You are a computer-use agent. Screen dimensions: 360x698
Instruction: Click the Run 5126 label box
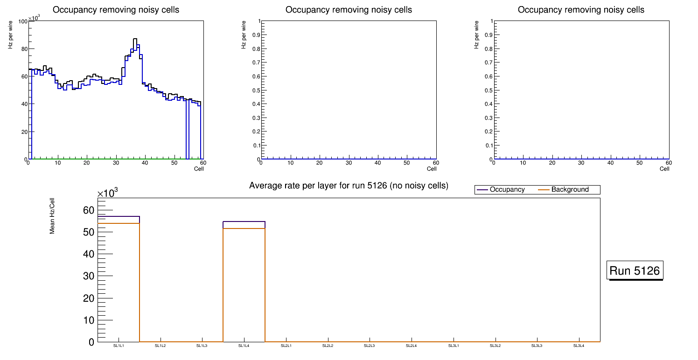(635, 270)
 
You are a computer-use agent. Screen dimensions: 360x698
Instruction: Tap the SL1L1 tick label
(119, 346)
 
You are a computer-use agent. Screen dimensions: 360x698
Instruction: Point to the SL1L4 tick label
(244, 346)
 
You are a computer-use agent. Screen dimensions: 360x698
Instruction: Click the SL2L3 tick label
(370, 346)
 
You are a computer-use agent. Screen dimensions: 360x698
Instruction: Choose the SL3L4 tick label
(579, 346)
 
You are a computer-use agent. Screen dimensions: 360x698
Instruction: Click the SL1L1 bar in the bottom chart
(119, 280)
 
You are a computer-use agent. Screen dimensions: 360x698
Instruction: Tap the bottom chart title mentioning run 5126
(349, 186)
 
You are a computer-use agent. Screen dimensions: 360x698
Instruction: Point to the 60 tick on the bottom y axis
(88, 210)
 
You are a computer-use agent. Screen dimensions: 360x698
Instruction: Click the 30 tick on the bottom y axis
(88, 276)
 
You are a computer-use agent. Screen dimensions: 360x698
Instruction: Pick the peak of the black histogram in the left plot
(135, 39)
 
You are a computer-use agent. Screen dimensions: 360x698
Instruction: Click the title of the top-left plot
(116, 10)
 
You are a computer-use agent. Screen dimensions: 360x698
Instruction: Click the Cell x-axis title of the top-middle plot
(432, 169)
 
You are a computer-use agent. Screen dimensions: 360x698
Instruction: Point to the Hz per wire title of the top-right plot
(476, 35)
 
